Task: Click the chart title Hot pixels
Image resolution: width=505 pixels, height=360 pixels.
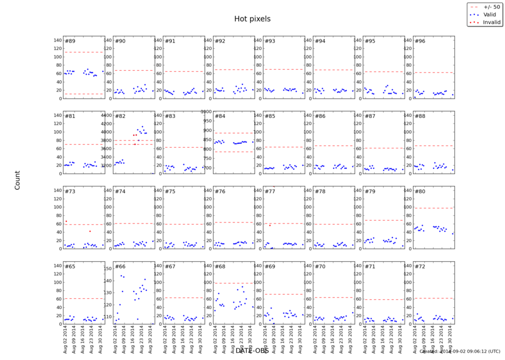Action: (x=252, y=19)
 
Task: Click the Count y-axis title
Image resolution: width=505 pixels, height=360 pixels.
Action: (x=17, y=180)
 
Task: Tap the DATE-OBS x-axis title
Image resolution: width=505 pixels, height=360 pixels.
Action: (x=252, y=351)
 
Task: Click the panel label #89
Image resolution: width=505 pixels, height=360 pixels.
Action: (x=70, y=42)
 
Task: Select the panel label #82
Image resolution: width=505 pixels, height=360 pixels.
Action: (x=120, y=116)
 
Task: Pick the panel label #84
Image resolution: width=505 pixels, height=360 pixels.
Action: (x=219, y=116)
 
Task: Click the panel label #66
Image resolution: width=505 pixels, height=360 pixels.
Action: (x=120, y=266)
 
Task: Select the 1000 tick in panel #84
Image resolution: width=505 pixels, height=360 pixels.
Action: (x=206, y=111)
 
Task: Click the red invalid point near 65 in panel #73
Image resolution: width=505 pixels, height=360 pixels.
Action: (x=66, y=221)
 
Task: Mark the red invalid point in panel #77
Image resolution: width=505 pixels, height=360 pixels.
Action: (x=270, y=225)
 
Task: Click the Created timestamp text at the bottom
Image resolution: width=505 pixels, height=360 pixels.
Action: (x=460, y=352)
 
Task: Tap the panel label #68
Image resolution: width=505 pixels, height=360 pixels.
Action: (x=219, y=266)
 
